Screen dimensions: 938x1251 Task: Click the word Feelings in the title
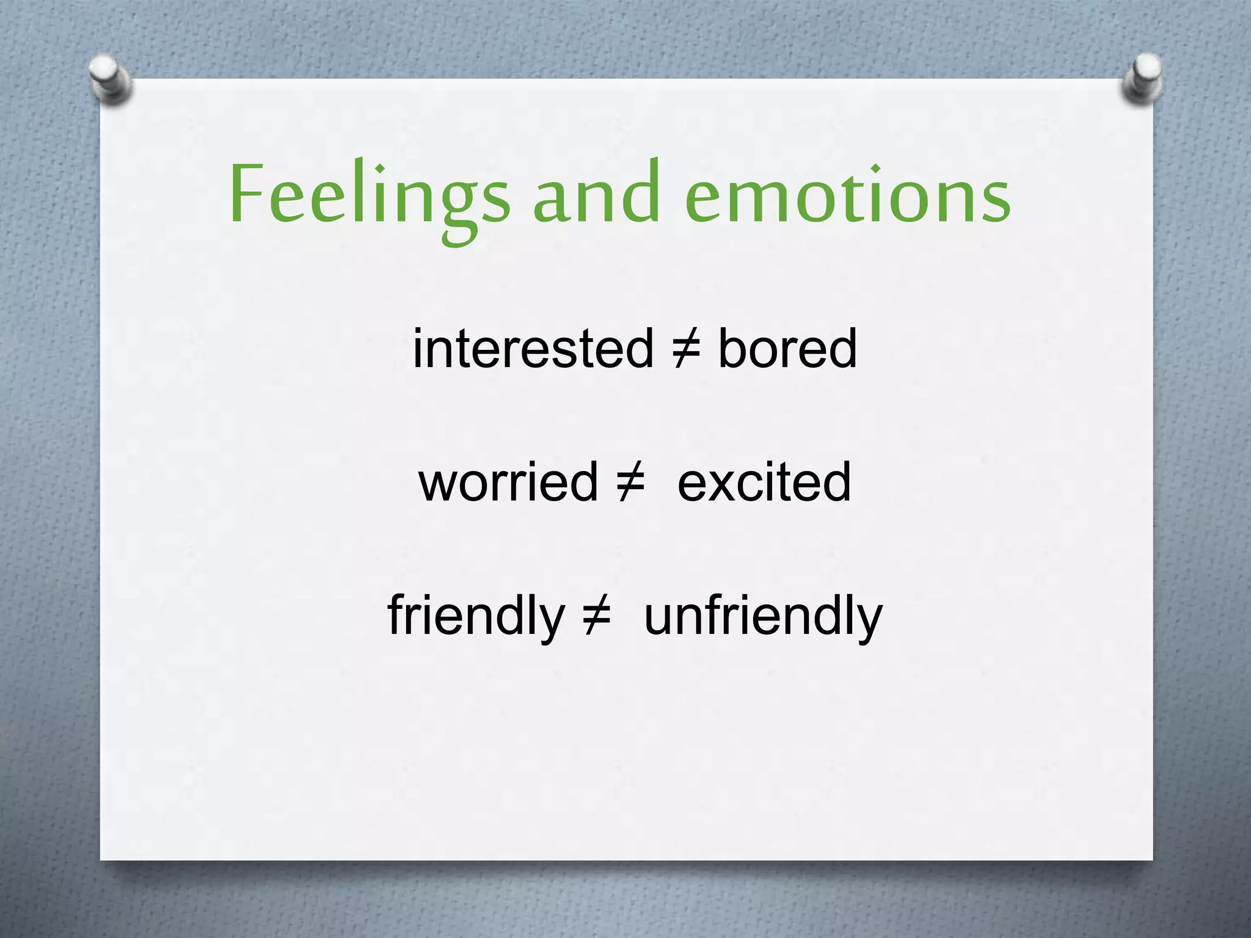[x=369, y=195]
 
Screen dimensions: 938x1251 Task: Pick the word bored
[x=787, y=349]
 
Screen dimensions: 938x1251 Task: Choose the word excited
[x=764, y=482]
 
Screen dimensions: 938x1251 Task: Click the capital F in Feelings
[x=247, y=194]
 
